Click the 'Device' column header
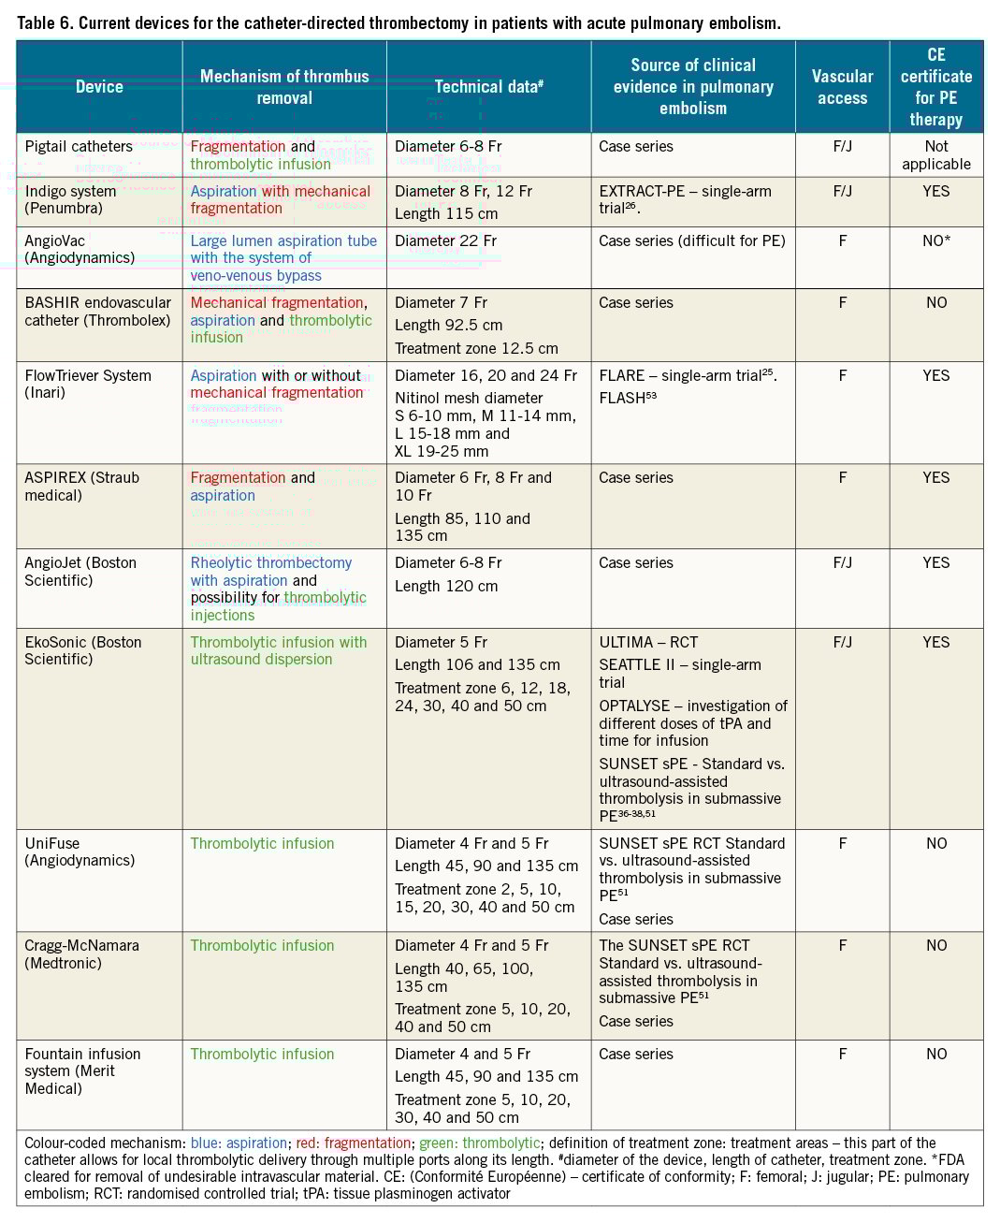(99, 87)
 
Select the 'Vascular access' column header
(842, 87)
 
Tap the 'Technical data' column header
(488, 87)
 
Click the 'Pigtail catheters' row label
(79, 146)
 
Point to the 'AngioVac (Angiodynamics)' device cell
(80, 249)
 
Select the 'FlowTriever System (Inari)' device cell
(88, 384)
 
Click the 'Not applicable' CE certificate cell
(935, 155)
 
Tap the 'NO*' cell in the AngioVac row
(935, 240)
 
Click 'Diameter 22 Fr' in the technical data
(445, 240)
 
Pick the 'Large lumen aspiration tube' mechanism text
(283, 240)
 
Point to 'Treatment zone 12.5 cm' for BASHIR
(476, 348)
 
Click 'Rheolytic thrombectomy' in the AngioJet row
(271, 562)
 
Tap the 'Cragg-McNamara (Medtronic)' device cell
(82, 954)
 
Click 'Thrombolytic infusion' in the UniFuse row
(262, 843)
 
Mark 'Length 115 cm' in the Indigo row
(446, 213)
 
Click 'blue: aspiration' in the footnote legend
(239, 1143)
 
